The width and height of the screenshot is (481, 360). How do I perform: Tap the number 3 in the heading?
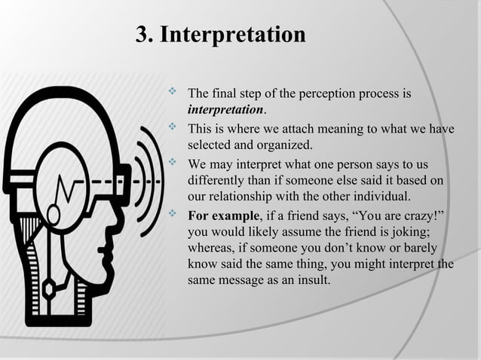[x=141, y=35]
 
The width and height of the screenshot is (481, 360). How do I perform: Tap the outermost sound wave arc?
[x=156, y=181]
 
